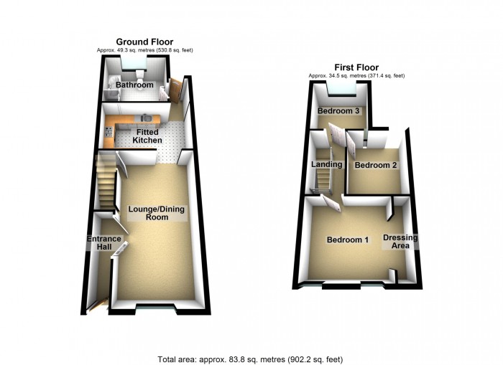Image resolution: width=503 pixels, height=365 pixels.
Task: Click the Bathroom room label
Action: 135,85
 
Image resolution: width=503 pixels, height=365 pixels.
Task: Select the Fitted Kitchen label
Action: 147,136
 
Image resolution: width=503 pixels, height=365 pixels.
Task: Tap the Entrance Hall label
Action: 98,242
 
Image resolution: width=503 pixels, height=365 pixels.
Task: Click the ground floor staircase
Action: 106,183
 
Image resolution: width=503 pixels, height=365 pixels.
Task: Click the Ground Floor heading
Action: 144,42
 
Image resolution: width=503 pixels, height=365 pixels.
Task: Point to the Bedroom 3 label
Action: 338,111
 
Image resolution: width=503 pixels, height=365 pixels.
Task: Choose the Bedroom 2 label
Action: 376,165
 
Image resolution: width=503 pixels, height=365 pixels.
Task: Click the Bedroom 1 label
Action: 348,240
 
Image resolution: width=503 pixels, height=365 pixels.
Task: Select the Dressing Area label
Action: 400,242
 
